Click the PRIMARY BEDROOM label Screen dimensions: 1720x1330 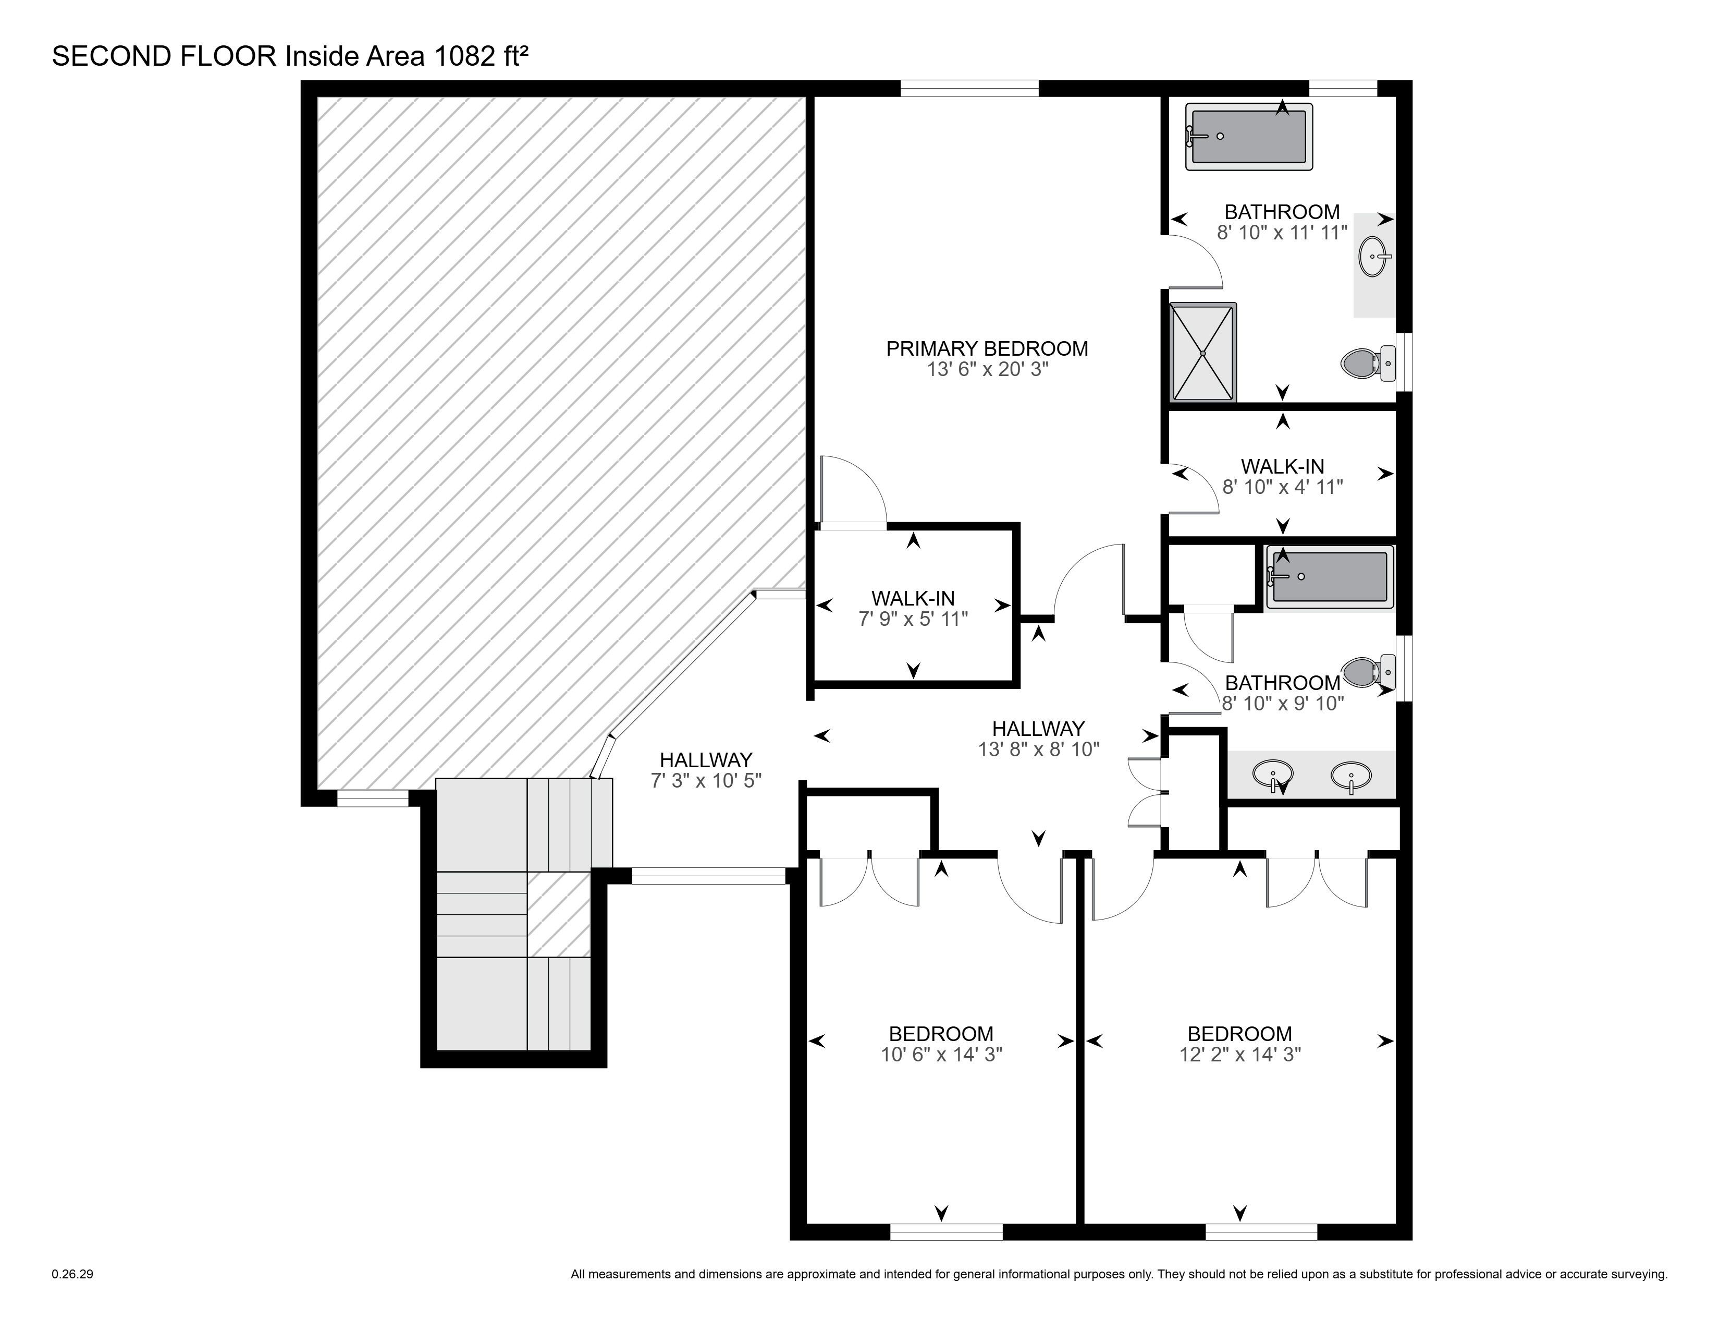click(987, 348)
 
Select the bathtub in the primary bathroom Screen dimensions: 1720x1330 click(1249, 136)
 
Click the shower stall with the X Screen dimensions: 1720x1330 click(1203, 352)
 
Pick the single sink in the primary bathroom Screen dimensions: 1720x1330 click(1375, 256)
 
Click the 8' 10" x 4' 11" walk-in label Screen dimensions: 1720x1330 click(1282, 477)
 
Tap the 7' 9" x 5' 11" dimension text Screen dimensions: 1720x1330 click(913, 619)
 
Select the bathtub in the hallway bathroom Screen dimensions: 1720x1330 click(1330, 577)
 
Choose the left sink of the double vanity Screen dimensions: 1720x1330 click(1272, 775)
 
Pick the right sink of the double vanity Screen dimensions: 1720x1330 click(1350, 775)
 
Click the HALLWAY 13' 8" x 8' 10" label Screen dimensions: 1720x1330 click(1038, 739)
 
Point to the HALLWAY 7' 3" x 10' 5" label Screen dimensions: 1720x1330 click(706, 770)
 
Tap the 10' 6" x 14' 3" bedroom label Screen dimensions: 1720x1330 click(941, 1044)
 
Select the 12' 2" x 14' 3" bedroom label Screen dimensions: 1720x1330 click(1239, 1044)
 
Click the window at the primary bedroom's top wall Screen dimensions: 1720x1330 click(969, 88)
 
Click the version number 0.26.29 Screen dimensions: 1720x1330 click(72, 1274)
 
